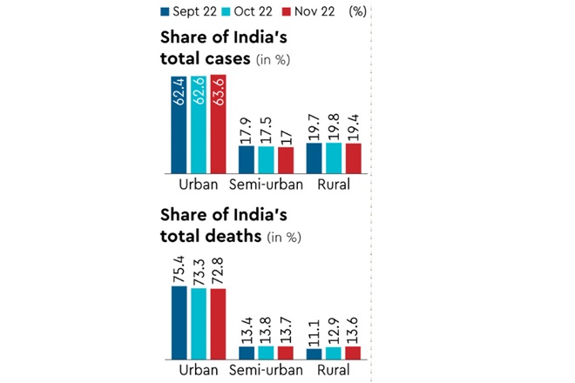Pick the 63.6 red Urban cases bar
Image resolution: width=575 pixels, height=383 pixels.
click(218, 124)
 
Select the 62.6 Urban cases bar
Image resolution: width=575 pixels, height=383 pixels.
click(200, 124)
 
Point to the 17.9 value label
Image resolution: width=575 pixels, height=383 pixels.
click(247, 131)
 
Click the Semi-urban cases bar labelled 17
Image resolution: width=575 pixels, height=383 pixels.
click(284, 161)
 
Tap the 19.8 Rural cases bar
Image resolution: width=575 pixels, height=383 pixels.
click(334, 158)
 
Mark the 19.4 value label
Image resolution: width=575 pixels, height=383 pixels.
click(352, 128)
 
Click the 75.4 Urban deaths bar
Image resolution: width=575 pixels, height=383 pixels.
click(179, 323)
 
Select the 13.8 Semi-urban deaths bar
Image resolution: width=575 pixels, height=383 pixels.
click(266, 353)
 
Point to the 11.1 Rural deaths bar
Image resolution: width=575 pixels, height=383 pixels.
click(315, 354)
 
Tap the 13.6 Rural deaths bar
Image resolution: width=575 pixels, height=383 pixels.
click(352, 353)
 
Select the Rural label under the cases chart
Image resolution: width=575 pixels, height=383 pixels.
click(335, 185)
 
